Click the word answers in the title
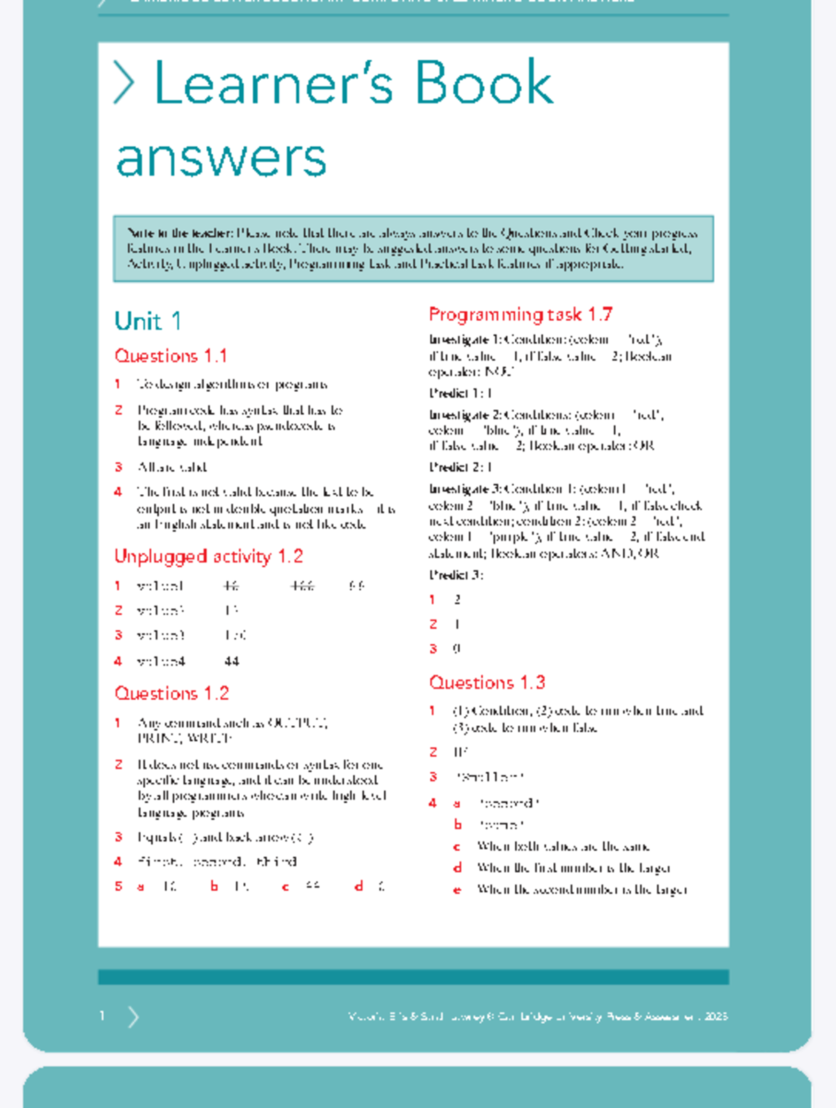221,157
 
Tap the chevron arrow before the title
124,83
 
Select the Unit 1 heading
148,321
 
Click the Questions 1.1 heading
171,356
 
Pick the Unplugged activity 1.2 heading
208,556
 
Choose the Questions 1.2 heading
171,693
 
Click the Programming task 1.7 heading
520,315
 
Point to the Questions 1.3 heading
487,682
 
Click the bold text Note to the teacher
179,233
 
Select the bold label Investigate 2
465,415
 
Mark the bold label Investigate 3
465,489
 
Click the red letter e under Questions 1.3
457,889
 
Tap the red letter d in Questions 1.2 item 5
359,886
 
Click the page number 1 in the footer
102,1016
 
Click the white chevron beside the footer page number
134,1017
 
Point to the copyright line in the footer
537,1016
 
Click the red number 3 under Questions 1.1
118,467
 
